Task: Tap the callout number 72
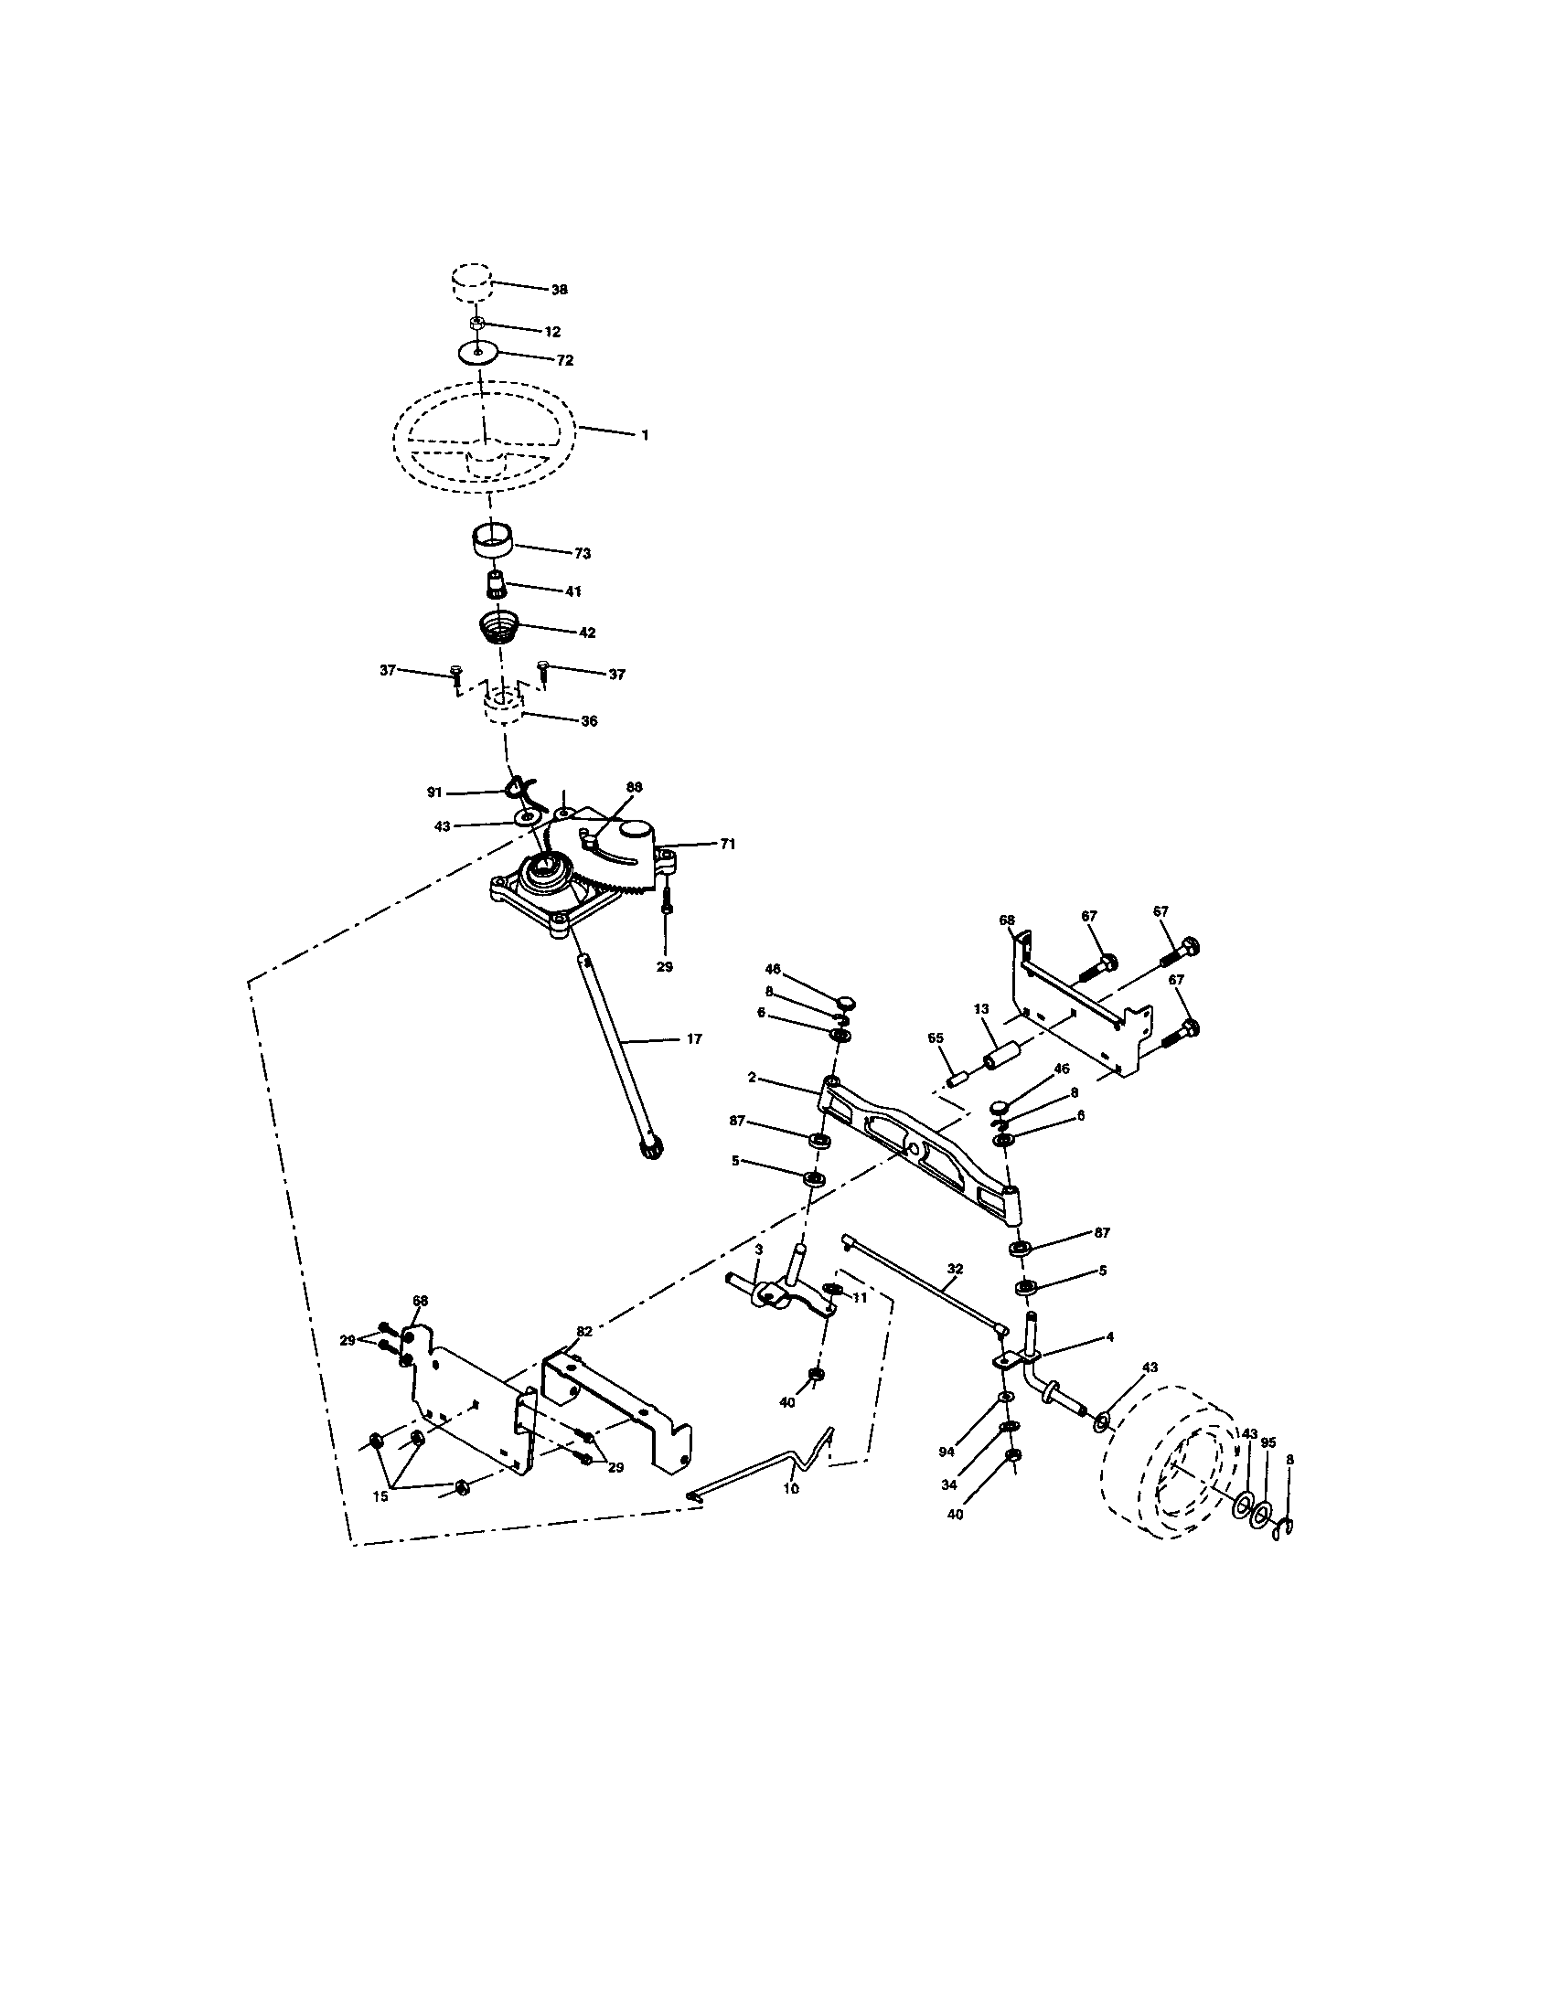[x=564, y=360]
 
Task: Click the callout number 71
[x=728, y=844]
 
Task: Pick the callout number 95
[x=1268, y=1442]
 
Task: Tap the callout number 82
[x=584, y=1332]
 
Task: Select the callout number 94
[x=947, y=1452]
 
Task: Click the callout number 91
[x=434, y=792]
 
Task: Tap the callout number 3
[x=758, y=1250]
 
